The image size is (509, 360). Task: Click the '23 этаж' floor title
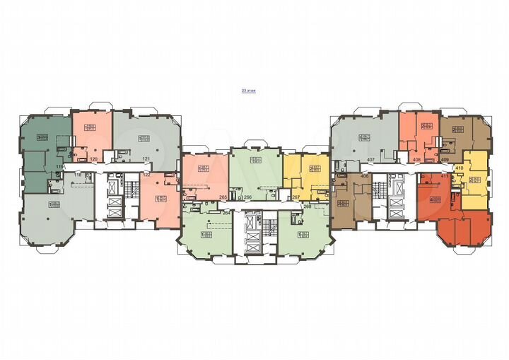[x=248, y=91]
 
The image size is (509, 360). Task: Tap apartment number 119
[x=61, y=166]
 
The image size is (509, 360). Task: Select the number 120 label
[x=93, y=160]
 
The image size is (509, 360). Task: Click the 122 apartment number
[x=147, y=174]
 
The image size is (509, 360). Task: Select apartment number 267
[x=296, y=198]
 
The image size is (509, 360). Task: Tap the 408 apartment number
[x=417, y=160]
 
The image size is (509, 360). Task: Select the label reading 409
[x=445, y=160]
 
